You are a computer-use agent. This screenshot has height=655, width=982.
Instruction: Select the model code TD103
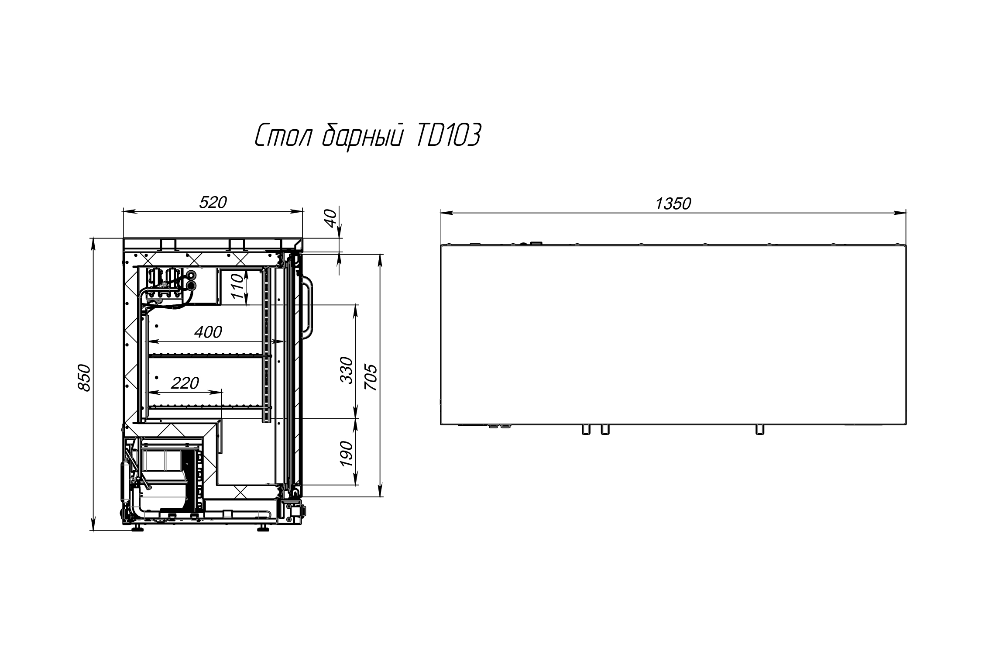click(x=448, y=135)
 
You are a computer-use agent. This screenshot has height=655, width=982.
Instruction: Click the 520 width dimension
click(x=213, y=202)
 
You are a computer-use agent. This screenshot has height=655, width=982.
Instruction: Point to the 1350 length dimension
click(x=673, y=203)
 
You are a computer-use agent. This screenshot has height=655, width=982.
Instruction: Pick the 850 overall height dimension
click(x=84, y=378)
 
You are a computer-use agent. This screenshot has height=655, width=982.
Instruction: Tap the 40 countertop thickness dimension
click(x=332, y=218)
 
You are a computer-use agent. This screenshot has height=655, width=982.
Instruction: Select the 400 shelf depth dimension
click(x=208, y=332)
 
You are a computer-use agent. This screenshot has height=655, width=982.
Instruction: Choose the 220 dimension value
click(x=185, y=383)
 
